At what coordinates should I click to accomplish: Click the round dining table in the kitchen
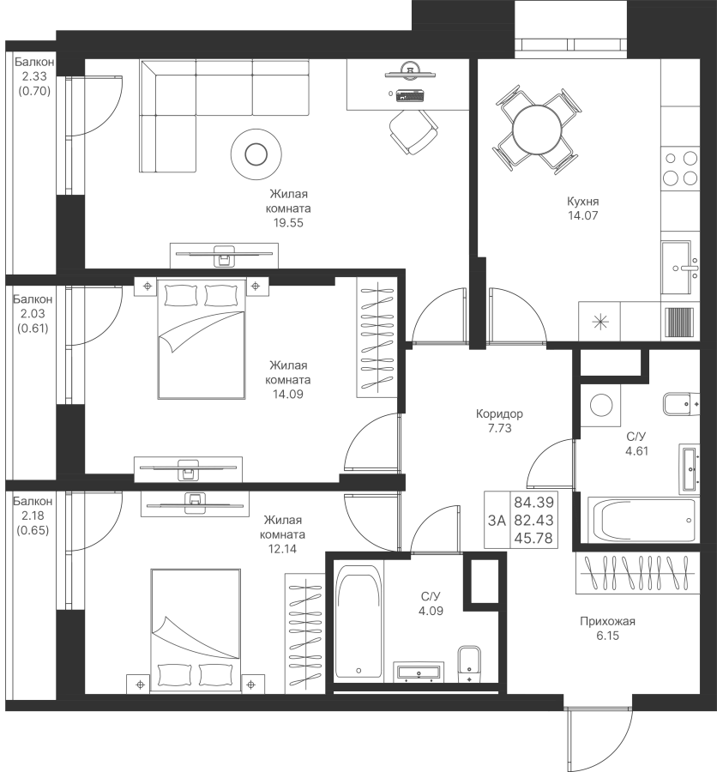click(536, 130)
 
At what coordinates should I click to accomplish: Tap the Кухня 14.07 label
click(583, 208)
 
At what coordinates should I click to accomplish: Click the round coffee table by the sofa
click(256, 154)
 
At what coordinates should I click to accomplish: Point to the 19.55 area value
click(288, 223)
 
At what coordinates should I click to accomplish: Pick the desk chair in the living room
click(413, 131)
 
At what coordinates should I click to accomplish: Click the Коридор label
click(499, 413)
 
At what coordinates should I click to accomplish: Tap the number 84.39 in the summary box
click(533, 503)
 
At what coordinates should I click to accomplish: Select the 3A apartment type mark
click(497, 520)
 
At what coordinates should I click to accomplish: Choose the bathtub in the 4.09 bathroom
click(358, 623)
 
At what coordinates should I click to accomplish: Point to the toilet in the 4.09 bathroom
click(470, 664)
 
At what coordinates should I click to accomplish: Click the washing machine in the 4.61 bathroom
click(600, 406)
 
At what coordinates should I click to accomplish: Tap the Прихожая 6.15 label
click(608, 628)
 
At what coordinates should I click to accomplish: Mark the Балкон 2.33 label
click(34, 76)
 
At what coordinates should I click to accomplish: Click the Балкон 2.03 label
click(33, 314)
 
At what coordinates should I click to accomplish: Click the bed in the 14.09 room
click(202, 339)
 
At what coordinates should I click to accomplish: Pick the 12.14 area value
click(282, 549)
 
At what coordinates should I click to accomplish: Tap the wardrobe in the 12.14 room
click(304, 633)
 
